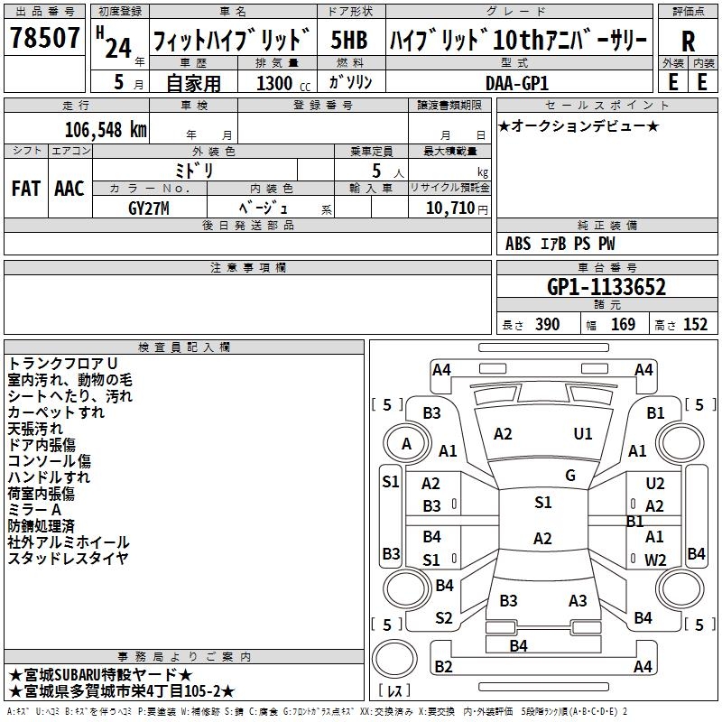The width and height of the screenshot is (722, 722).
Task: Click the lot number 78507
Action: (x=44, y=39)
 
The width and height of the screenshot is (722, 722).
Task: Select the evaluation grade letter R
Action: (x=688, y=41)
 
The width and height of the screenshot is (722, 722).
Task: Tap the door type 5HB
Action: (x=348, y=40)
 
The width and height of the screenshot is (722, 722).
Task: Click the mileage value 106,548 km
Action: (x=106, y=129)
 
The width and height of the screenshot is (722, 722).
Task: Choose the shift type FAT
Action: (x=25, y=188)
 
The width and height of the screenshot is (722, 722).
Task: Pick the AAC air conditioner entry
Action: (x=69, y=188)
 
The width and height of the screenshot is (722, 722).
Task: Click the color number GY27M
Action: (x=150, y=208)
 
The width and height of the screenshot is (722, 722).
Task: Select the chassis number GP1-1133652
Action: (x=606, y=288)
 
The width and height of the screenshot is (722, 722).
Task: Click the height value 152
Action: (x=695, y=324)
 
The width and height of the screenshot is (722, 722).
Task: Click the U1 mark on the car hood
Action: (x=583, y=434)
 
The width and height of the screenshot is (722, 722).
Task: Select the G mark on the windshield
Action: (x=569, y=476)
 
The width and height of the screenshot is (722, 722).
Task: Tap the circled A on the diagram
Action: (x=406, y=444)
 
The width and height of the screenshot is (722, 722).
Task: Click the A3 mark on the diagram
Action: (x=578, y=601)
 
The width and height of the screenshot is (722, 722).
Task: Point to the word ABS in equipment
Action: (x=518, y=244)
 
